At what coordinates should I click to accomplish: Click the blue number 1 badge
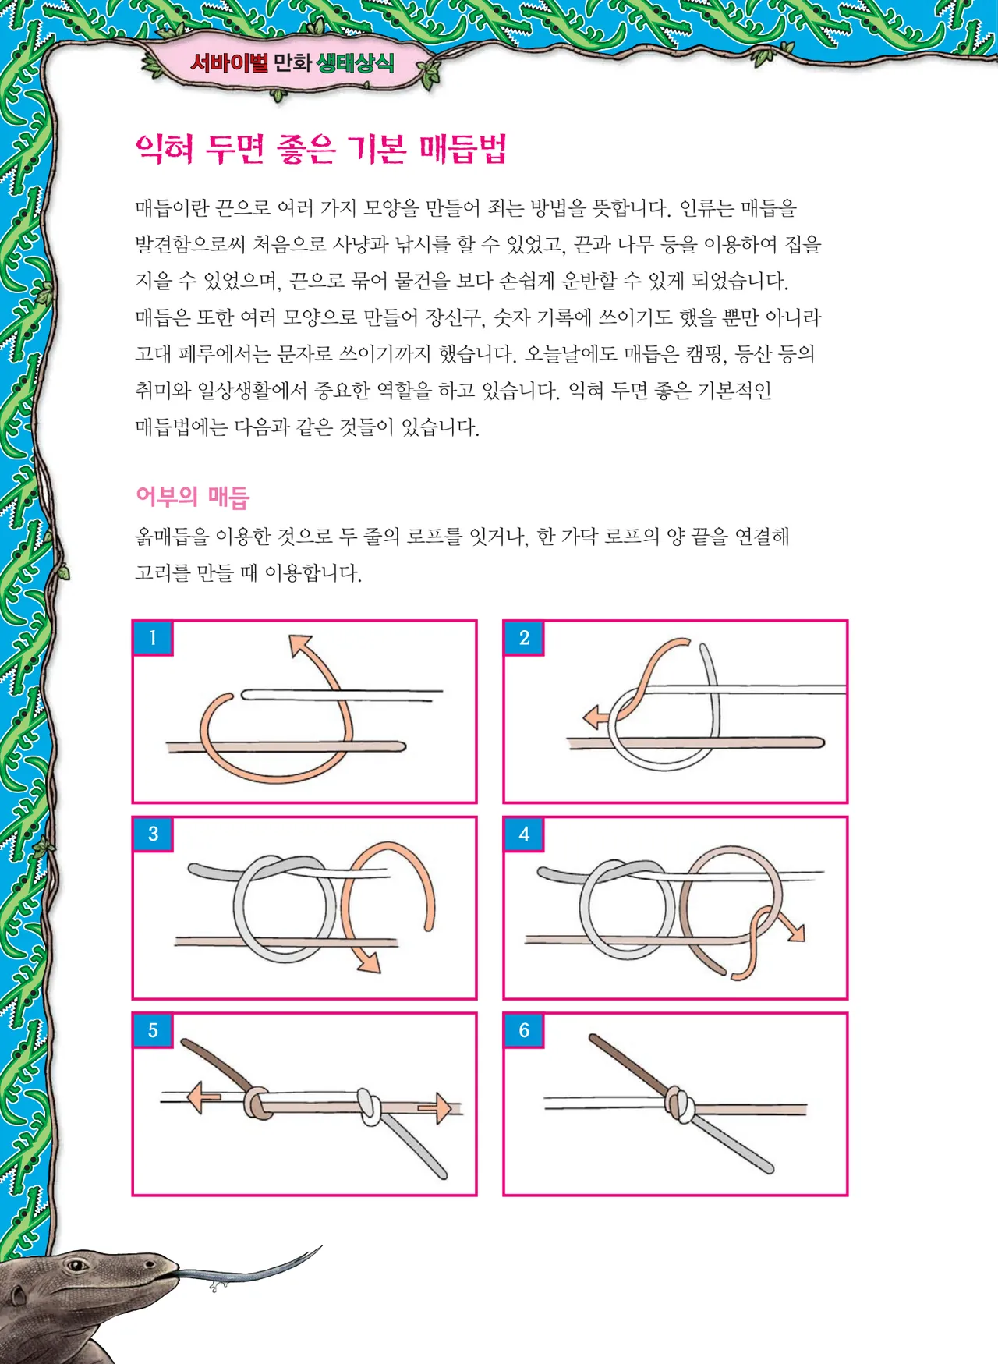(x=153, y=638)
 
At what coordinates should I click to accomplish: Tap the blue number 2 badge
(x=524, y=638)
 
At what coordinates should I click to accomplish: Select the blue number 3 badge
(x=153, y=834)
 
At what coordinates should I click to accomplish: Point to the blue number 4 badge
(x=524, y=834)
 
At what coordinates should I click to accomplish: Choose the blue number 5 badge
(x=153, y=1031)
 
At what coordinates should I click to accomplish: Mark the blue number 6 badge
(x=524, y=1031)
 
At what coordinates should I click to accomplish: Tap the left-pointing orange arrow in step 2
(x=596, y=717)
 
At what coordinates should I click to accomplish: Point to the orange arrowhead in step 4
(x=795, y=930)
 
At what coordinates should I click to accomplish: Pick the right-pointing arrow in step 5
(x=436, y=1107)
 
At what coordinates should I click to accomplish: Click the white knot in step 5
(x=370, y=1107)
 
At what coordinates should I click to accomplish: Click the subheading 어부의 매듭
(x=193, y=497)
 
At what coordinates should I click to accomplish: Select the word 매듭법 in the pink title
(x=463, y=148)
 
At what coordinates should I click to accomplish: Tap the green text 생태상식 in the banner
(x=355, y=63)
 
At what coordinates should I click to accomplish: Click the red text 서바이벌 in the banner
(x=229, y=62)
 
